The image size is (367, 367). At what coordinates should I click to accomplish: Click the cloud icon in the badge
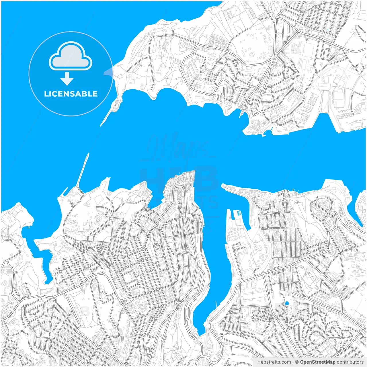click(x=71, y=56)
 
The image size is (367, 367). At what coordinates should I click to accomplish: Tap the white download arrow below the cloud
click(x=67, y=79)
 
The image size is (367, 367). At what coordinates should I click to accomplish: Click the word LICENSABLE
click(x=71, y=94)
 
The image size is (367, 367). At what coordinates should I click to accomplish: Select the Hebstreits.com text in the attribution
click(x=274, y=362)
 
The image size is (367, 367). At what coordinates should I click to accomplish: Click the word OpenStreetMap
click(x=318, y=362)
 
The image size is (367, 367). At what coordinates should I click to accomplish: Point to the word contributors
click(x=350, y=362)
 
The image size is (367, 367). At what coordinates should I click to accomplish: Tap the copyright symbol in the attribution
click(x=297, y=362)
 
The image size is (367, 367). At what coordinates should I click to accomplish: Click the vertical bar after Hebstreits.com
click(x=293, y=362)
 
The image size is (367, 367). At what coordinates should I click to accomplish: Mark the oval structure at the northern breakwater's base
click(x=114, y=108)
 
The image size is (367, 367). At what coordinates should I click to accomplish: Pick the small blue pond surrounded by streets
click(x=286, y=303)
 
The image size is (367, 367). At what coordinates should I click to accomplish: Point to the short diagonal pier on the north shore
click(x=240, y=114)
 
